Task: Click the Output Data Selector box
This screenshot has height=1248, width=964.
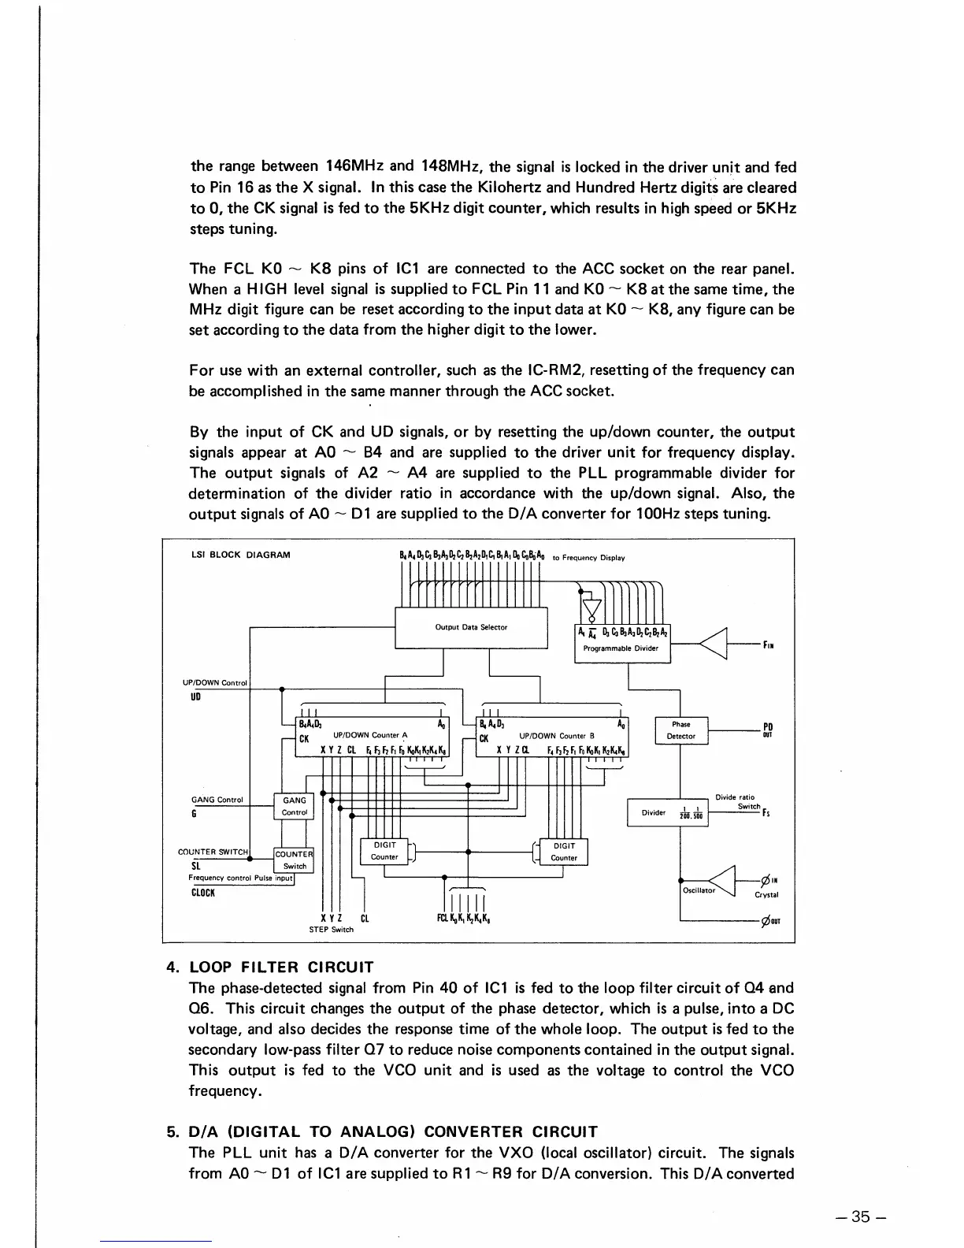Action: [x=471, y=627]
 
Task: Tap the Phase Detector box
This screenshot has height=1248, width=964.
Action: [x=681, y=730]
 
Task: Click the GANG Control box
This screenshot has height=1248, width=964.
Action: [x=294, y=806]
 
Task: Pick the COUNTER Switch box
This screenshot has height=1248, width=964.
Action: [x=294, y=860]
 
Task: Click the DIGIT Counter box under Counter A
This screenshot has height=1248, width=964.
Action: [x=384, y=851]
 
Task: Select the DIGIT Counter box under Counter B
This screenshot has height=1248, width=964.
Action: [x=564, y=852]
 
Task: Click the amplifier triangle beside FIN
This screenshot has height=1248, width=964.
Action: [x=714, y=644]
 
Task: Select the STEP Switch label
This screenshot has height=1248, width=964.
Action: [x=332, y=930]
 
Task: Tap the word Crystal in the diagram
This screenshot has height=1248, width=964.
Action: [x=766, y=895]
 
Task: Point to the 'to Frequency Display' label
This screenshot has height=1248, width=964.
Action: [x=588, y=558]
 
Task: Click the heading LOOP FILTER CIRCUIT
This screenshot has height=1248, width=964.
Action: [x=281, y=967]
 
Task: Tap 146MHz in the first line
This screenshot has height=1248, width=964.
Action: [x=354, y=166]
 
